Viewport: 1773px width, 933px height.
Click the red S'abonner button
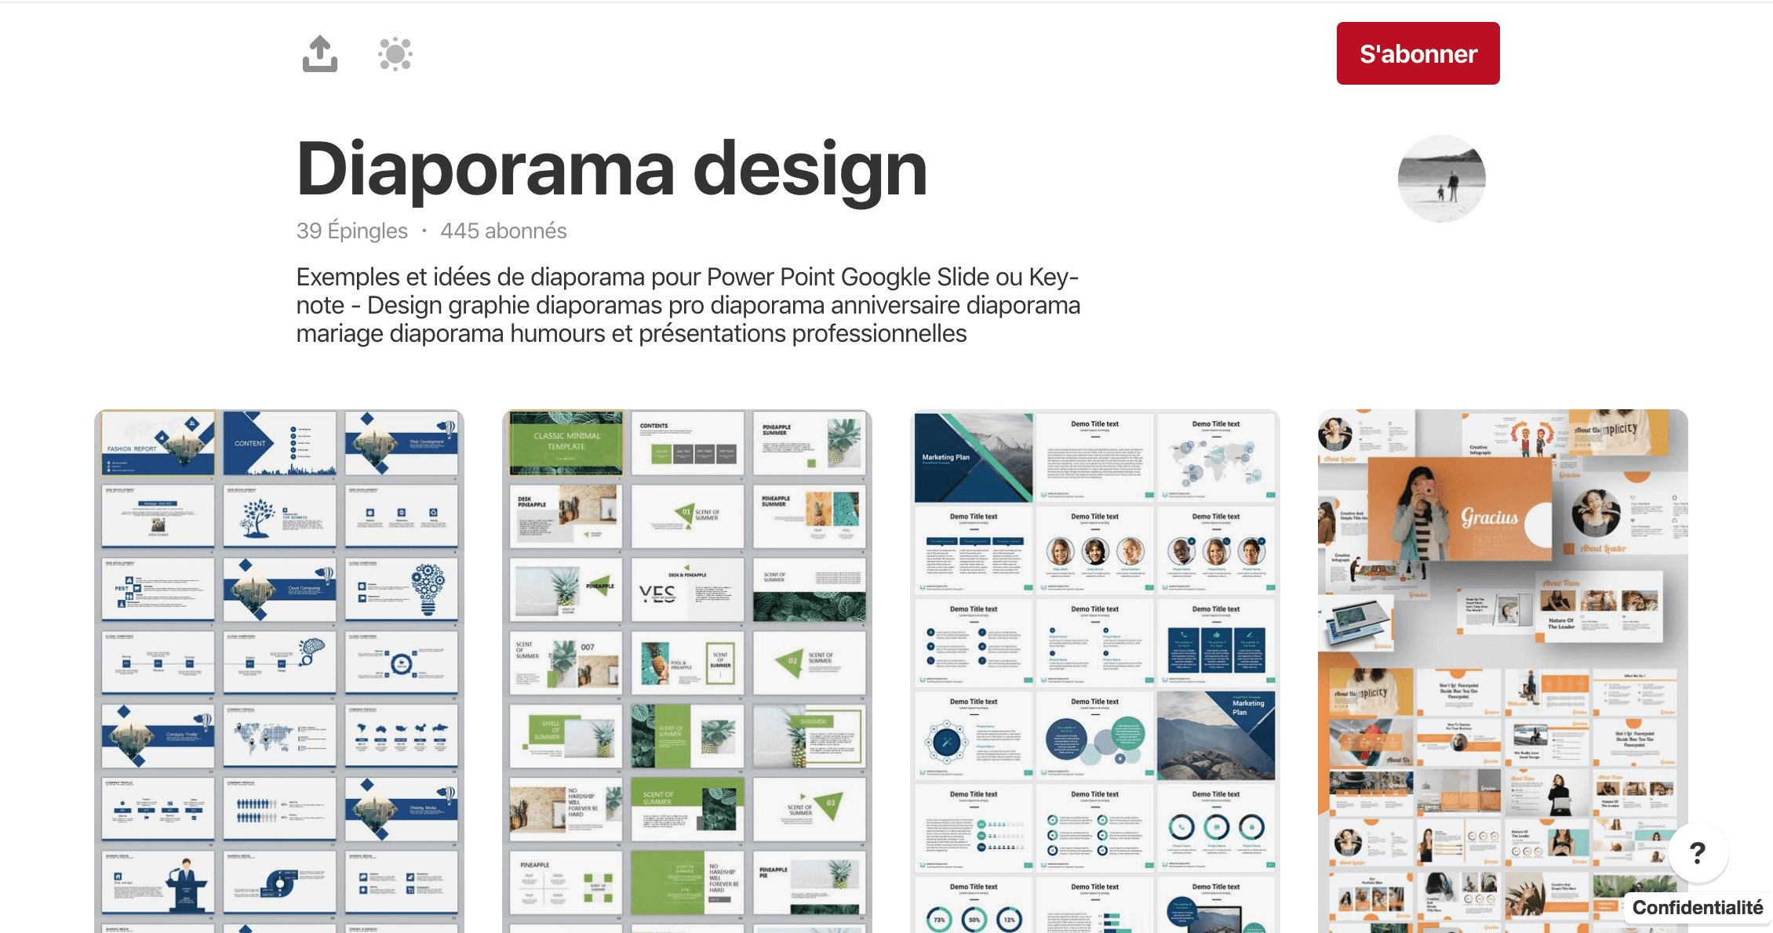pyautogui.click(x=1418, y=53)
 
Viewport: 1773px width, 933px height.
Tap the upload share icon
pyautogui.click(x=320, y=54)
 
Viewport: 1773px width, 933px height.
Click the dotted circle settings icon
pyautogui.click(x=395, y=54)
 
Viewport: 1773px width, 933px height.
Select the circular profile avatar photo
pyautogui.click(x=1441, y=179)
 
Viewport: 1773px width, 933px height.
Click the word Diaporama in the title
pyautogui.click(x=486, y=169)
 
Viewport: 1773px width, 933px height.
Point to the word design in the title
pyautogui.click(x=810, y=169)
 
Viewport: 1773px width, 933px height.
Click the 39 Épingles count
pyautogui.click(x=351, y=231)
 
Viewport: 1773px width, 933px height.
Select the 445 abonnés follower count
pyautogui.click(x=504, y=231)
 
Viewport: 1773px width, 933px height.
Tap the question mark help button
pyautogui.click(x=1698, y=852)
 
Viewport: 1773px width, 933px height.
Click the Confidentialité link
pyautogui.click(x=1698, y=908)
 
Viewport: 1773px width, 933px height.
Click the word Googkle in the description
pyautogui.click(x=890, y=277)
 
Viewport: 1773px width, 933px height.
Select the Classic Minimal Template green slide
pyautogui.click(x=566, y=443)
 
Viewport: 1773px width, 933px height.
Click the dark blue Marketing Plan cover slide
pyautogui.click(x=973, y=458)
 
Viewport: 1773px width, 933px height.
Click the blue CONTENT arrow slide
pyautogui.click(x=279, y=443)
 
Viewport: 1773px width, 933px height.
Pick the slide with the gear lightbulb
pyautogui.click(x=402, y=589)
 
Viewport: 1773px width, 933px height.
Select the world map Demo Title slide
pyautogui.click(x=1216, y=458)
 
